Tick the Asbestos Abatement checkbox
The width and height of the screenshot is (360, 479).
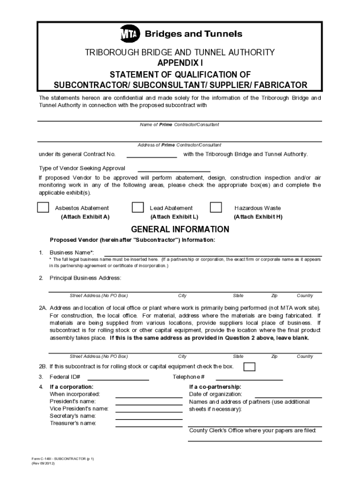tap(43, 208)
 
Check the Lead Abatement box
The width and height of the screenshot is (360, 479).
tap(137, 208)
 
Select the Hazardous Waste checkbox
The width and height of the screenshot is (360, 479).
tap(216, 208)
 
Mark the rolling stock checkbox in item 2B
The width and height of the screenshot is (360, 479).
tap(250, 366)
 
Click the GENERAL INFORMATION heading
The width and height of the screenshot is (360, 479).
tap(180, 229)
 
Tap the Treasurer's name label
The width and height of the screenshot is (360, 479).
tap(73, 423)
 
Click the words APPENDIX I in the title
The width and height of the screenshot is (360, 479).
tap(180, 63)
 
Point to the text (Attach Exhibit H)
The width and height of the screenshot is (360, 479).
tap(258, 217)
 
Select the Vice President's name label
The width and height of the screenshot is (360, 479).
tap(79, 409)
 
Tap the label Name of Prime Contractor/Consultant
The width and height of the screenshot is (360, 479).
tap(180, 125)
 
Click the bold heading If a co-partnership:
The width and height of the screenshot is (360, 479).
tap(215, 387)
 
